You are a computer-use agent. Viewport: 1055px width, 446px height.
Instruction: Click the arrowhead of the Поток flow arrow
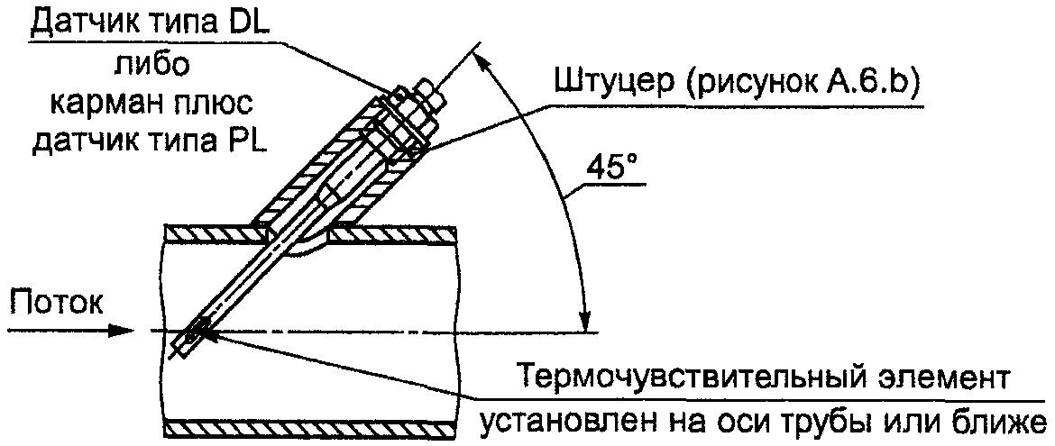[x=127, y=331]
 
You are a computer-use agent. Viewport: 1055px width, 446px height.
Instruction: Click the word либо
[x=151, y=66]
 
